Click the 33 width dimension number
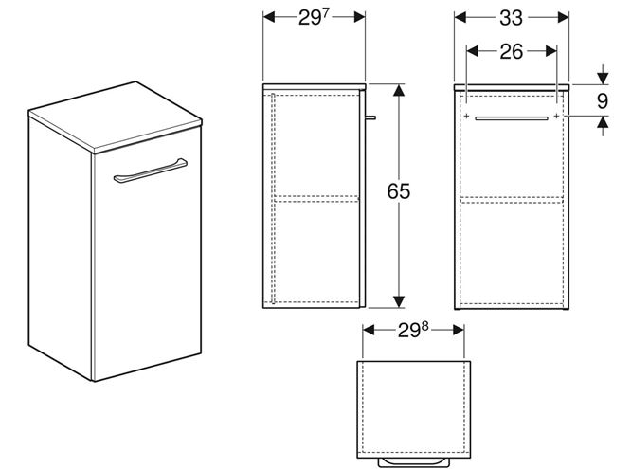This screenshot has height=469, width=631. pos(511,18)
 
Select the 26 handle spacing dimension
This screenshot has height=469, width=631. pos(512,52)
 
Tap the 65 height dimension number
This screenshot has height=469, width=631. pos(398,191)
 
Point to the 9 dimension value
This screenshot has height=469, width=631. pos(602,101)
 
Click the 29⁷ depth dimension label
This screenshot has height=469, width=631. pos(314,18)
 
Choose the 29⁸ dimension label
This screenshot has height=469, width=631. pos(413,330)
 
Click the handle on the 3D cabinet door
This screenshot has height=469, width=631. pos(150,171)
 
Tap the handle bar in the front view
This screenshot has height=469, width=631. pos(511,118)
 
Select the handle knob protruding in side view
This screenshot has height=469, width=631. pos(370,117)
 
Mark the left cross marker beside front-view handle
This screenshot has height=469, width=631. pos(466,116)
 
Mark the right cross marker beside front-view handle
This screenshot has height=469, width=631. pos(556,116)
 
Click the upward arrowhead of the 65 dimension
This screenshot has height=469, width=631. pos(398,90)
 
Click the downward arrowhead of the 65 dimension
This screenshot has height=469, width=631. pos(398,301)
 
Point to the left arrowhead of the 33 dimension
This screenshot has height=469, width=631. pos(460,17)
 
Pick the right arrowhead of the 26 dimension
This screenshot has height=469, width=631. pos(550,51)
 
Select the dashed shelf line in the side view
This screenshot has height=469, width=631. pos(315,199)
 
